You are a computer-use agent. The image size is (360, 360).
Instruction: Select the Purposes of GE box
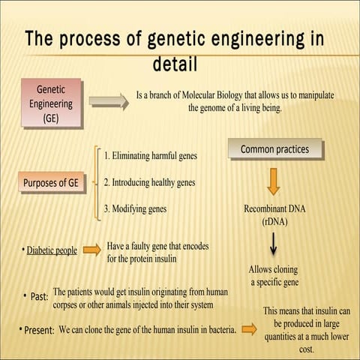point(51,182)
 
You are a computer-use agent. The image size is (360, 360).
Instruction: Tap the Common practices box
point(274,150)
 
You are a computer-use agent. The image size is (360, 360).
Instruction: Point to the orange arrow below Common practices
point(274,181)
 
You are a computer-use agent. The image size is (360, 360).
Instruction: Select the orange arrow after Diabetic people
point(91,250)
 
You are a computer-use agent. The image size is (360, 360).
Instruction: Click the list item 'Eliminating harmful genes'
point(151,156)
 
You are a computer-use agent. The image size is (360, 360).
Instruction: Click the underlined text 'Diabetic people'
point(52,250)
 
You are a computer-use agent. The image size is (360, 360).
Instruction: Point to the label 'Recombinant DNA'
point(274,209)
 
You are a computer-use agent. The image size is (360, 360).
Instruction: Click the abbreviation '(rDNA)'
point(274,222)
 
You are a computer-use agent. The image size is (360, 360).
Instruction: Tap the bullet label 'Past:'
point(39,297)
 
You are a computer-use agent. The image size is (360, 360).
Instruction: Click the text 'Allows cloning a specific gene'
point(274,275)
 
